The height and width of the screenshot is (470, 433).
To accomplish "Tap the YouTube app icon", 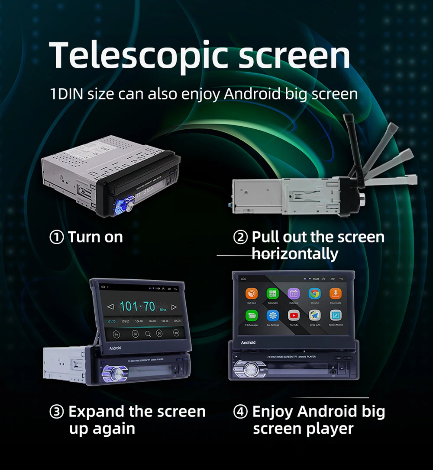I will [294, 316].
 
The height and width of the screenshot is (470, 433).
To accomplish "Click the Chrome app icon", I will [314, 294].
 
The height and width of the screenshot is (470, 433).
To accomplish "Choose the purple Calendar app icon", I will [294, 294].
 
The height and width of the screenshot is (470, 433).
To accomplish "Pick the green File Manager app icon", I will [252, 316].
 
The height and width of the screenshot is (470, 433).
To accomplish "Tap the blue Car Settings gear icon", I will [272, 316].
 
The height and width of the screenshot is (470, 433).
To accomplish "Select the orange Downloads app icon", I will [336, 294].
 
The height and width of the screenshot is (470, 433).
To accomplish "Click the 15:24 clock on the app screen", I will [316, 279].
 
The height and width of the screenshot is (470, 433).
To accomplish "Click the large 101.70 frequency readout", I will [137, 307].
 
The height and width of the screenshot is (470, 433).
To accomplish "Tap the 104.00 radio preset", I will [139, 321].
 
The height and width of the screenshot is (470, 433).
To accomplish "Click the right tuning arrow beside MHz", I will [174, 307].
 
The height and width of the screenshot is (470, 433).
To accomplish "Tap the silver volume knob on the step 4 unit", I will [250, 369].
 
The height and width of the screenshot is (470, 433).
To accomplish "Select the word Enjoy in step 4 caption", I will [272, 412].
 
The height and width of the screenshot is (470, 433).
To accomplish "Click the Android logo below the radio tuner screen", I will [115, 348].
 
